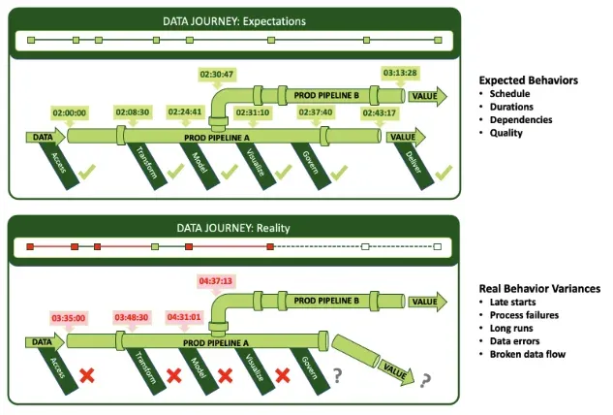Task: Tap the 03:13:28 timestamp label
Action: point(400,73)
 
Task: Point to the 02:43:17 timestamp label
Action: point(380,113)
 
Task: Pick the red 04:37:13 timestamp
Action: point(216,281)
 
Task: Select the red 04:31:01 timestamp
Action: point(185,317)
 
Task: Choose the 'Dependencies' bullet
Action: point(521,119)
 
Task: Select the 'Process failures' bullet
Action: point(526,315)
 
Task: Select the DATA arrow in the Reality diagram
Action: point(42,342)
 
